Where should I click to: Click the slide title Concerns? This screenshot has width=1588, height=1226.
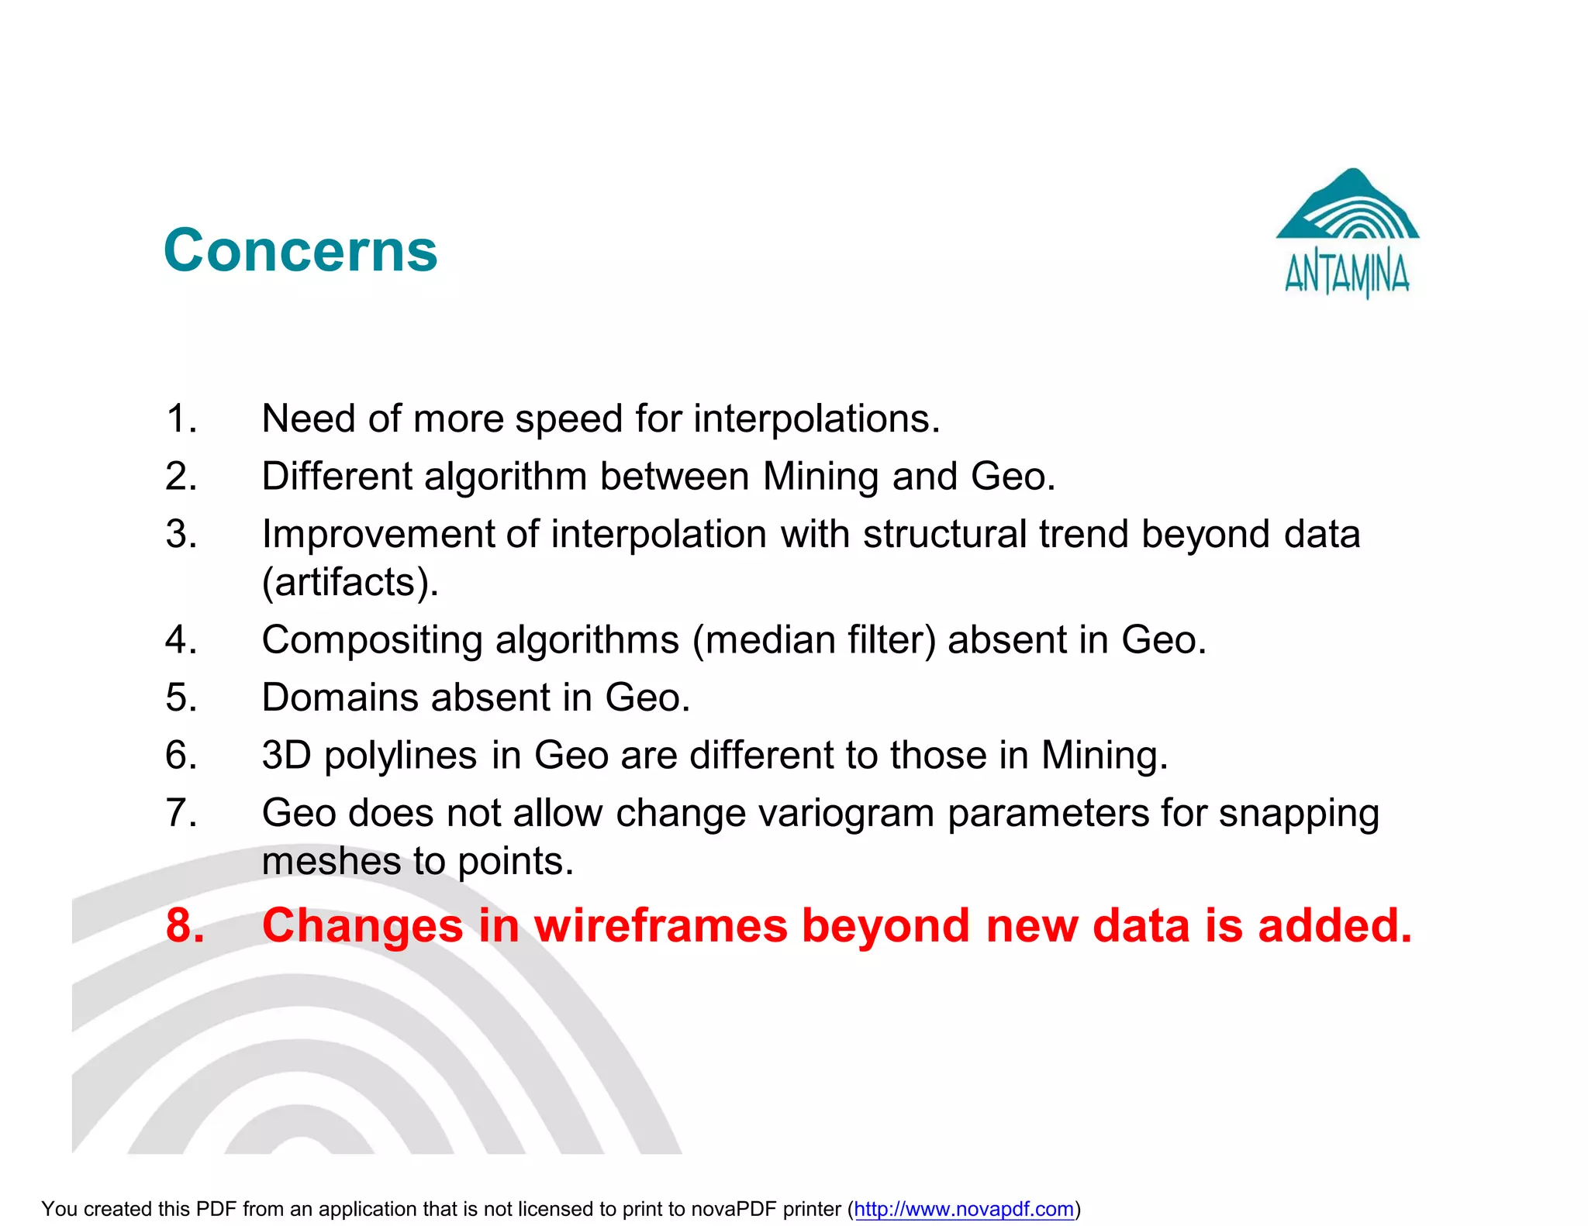click(x=301, y=251)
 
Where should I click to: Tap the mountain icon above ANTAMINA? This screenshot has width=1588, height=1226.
click(x=1348, y=205)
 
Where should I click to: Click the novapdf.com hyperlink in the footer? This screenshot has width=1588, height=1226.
click(x=964, y=1209)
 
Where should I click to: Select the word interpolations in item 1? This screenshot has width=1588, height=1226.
click(x=816, y=418)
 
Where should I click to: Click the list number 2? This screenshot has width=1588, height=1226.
click(x=181, y=476)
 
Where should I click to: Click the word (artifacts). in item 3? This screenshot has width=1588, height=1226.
click(x=350, y=583)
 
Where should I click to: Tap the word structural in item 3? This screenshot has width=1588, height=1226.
click(x=944, y=534)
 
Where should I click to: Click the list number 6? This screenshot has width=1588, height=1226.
click(x=181, y=756)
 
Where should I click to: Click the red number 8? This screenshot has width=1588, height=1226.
click(x=185, y=925)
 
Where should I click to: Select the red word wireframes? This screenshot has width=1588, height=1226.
click(x=661, y=925)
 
